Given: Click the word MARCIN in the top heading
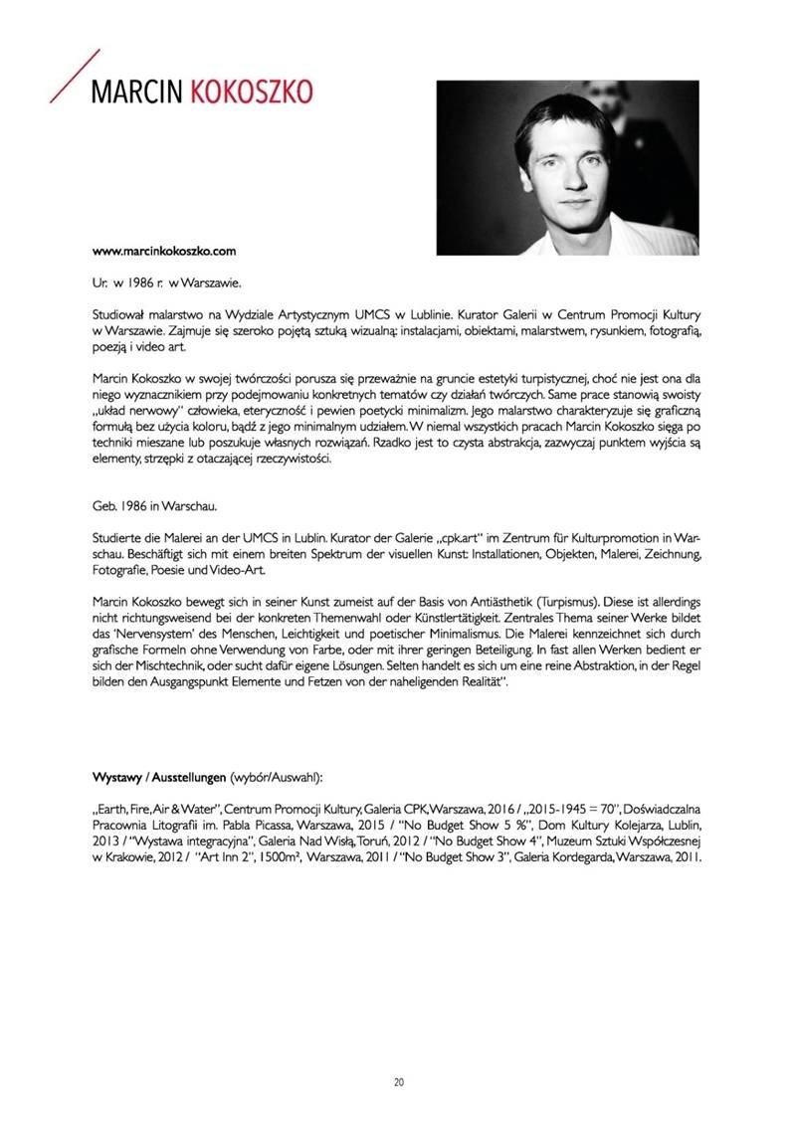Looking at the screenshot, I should click(137, 93).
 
